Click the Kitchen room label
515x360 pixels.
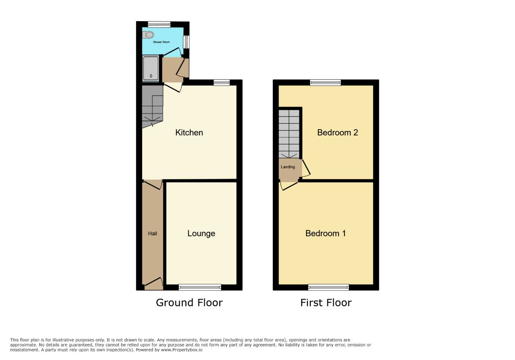pos(189,133)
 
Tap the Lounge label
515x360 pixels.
pos(201,234)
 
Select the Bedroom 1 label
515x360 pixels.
pos(325,234)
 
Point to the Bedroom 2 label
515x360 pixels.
pos(337,133)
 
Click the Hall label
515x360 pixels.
pos(153,234)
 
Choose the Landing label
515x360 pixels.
pos(288,167)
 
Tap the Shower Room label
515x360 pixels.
pos(161,42)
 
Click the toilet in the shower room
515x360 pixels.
pos(148,35)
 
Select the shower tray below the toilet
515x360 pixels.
pos(151,68)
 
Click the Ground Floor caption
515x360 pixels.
pos(189,302)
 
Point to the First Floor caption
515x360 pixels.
pos(326,302)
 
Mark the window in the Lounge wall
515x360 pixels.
pos(200,288)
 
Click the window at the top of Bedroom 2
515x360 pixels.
pos(325,82)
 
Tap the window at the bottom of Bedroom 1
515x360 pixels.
pos(329,288)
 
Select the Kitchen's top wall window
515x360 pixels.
pos(221,82)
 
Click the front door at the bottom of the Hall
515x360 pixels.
pos(154,284)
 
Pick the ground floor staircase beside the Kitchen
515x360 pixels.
pos(153,107)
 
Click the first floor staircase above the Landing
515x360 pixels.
pos(289,134)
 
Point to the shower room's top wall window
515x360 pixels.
pos(159,24)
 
